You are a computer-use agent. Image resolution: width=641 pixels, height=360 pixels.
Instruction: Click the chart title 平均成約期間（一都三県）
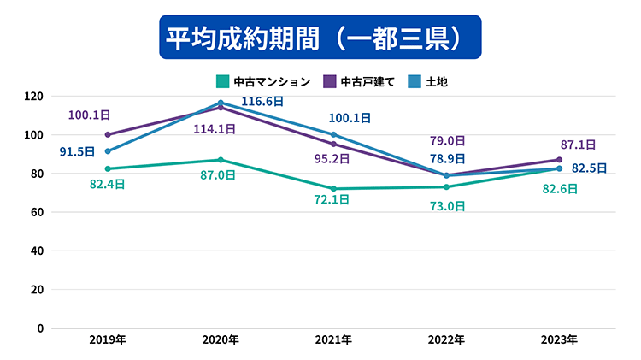tap(320, 37)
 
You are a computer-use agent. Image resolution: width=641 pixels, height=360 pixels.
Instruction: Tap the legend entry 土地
tap(435, 82)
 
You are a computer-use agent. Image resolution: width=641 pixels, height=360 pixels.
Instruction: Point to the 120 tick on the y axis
tap(35, 96)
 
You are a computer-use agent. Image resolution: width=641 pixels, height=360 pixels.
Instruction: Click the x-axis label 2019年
tap(108, 340)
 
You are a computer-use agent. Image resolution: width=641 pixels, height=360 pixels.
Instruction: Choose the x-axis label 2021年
tap(333, 340)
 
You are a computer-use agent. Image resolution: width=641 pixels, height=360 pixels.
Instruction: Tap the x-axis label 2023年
tap(559, 340)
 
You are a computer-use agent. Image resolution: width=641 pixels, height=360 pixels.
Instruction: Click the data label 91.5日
tap(78, 152)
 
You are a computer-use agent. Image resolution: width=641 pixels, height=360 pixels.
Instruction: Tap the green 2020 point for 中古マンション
tap(221, 160)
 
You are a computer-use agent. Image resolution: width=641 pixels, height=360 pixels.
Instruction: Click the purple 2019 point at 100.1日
tap(108, 134)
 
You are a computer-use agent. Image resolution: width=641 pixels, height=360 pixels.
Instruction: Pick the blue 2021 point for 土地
tap(333, 134)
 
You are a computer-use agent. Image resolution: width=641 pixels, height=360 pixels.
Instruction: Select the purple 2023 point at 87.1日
tap(559, 160)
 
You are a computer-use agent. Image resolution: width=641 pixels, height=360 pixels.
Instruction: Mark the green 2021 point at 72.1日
tap(333, 189)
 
